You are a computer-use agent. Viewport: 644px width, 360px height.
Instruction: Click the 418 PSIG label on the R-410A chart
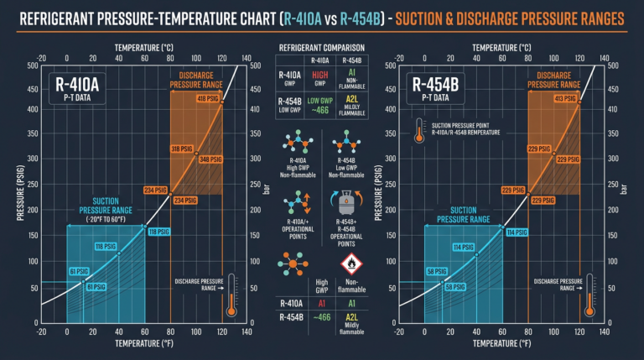(208, 99)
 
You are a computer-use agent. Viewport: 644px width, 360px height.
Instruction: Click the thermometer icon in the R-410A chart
(232, 295)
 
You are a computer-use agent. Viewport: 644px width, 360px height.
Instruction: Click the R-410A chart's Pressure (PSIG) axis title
(18, 193)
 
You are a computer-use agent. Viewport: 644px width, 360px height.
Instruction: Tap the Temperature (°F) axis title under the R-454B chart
(489, 344)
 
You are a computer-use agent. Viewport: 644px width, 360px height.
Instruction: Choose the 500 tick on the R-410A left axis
(31, 66)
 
